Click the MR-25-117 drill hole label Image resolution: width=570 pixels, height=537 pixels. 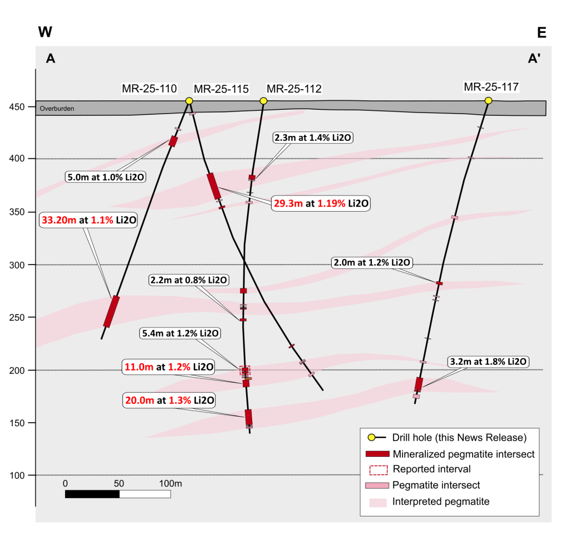point(491,87)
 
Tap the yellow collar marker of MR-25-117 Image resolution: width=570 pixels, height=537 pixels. point(488,100)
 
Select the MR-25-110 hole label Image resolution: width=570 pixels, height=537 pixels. point(149,88)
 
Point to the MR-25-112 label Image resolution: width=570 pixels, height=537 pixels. point(294,89)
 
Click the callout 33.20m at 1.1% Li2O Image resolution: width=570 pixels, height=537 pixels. point(89,220)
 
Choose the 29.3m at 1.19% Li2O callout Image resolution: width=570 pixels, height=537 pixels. point(321,203)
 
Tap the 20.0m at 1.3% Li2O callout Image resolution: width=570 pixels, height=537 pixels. point(169,400)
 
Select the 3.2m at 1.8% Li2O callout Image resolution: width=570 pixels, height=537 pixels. point(487,362)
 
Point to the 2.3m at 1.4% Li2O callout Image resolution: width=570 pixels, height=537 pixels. point(313,137)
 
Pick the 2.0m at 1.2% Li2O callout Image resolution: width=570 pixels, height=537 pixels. point(371,262)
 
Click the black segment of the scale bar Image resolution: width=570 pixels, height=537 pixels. point(92,494)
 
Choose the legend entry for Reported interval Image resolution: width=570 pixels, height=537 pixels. point(431,470)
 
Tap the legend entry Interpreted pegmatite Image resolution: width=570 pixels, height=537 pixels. point(440,501)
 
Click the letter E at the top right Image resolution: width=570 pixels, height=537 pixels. point(542,32)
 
